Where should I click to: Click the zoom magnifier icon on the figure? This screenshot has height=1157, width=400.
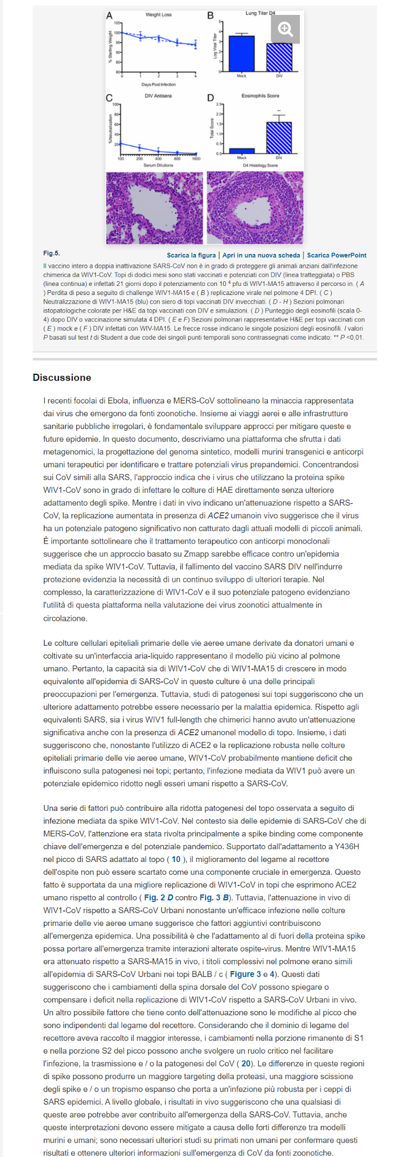pyautogui.click(x=285, y=29)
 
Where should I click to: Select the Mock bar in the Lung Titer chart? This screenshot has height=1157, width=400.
pyautogui.click(x=241, y=53)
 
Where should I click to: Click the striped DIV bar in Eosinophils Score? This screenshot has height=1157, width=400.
pyautogui.click(x=279, y=137)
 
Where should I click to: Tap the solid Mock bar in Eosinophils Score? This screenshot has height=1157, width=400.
pyautogui.click(x=241, y=151)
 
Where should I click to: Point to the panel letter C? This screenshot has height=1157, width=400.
pyautogui.click(x=109, y=98)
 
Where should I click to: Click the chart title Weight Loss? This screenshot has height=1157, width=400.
pyautogui.click(x=158, y=14)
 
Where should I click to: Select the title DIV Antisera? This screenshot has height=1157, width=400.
pyautogui.click(x=158, y=96)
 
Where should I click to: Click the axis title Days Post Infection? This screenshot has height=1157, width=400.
pyautogui.click(x=158, y=84)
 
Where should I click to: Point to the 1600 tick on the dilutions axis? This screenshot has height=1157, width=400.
pyautogui.click(x=196, y=159)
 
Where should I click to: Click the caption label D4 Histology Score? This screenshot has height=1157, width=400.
pyautogui.click(x=260, y=166)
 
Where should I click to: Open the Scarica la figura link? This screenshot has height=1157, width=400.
pyautogui.click(x=191, y=256)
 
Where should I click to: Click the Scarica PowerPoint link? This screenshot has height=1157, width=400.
pyautogui.click(x=337, y=256)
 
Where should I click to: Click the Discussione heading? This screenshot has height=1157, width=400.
pyautogui.click(x=62, y=378)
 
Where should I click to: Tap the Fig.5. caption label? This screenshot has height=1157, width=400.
pyautogui.click(x=51, y=253)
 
